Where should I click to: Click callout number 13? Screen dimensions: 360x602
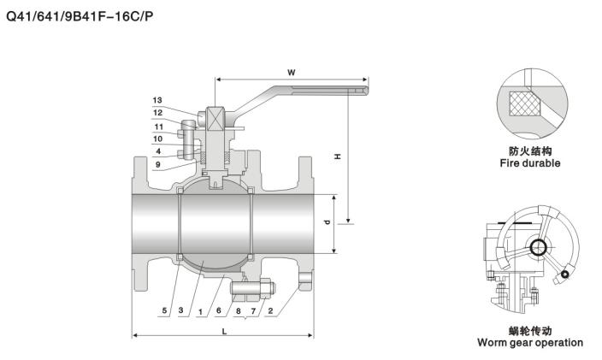click(157, 100)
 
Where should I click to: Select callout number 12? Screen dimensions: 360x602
click(157, 112)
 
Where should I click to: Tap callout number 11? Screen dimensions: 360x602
click(157, 127)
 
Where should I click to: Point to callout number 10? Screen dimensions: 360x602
click(157, 139)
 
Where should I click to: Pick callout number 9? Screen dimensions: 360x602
click(157, 164)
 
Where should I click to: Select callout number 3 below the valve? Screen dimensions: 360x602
click(181, 311)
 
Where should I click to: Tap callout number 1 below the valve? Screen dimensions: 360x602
click(200, 311)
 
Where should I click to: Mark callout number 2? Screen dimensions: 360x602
click(271, 311)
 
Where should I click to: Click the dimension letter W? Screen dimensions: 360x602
click(292, 73)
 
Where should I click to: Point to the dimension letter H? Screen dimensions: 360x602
click(338, 157)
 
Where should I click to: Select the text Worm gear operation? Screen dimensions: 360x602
click(530, 343)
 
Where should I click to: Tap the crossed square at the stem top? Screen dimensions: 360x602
click(215, 116)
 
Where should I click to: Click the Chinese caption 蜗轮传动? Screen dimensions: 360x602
click(530, 331)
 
